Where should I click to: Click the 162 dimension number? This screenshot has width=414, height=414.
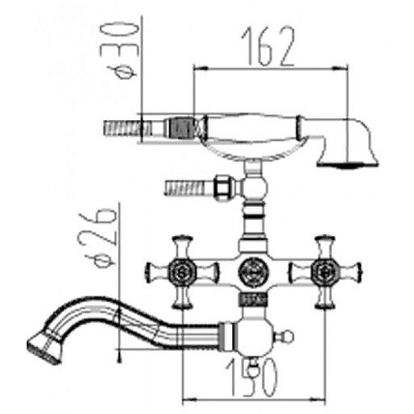coord(268,46)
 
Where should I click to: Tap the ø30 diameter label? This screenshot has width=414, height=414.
coord(119,51)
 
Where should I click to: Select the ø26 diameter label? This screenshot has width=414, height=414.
coord(97,237)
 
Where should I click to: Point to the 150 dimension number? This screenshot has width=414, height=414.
coord(252,378)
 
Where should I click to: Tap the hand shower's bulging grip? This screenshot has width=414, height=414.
coord(252,127)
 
